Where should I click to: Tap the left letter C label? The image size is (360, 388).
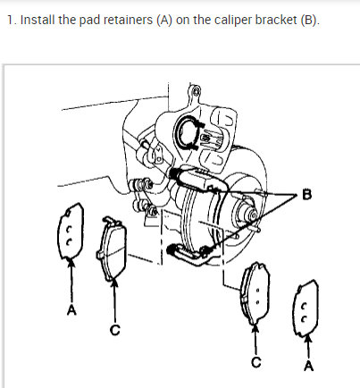[x=114, y=330]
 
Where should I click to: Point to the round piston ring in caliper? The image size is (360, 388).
[x=190, y=132]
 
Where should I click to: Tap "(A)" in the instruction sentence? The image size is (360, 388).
[x=167, y=20]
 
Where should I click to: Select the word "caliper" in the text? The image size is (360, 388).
[x=228, y=20]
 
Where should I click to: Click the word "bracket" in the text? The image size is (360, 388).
[x=272, y=20]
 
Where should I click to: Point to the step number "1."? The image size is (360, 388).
[x=10, y=20]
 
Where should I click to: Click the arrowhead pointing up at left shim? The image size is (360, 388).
[x=70, y=265]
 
